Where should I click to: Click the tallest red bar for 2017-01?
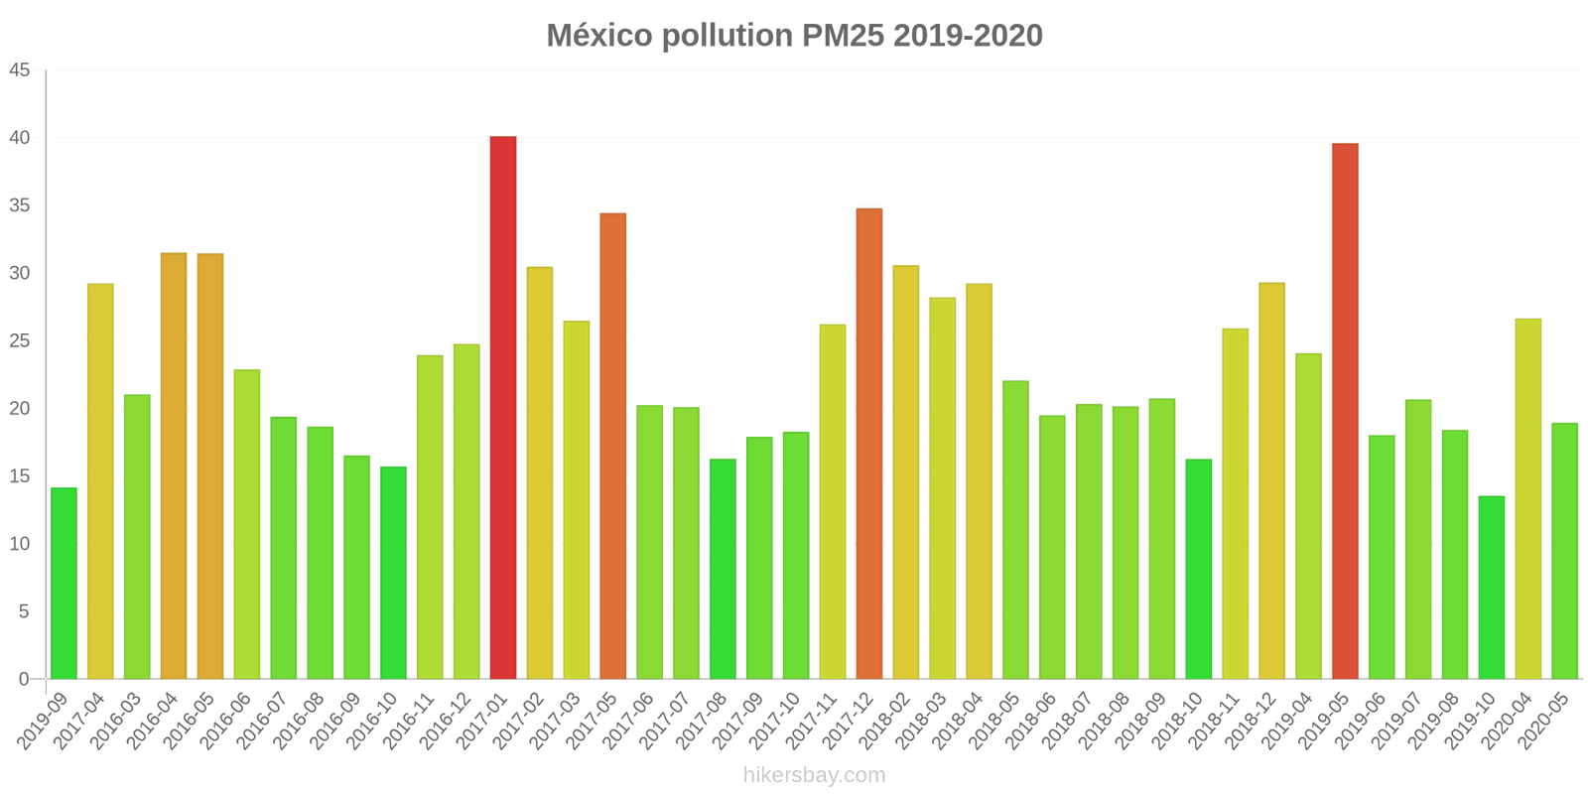[x=503, y=407]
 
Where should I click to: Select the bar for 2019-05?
[x=1345, y=411]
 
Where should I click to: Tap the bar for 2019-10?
[x=1491, y=588]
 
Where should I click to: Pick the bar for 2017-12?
[x=869, y=444]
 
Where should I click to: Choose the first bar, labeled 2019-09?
[x=64, y=584]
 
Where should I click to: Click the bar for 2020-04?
[x=1527, y=498]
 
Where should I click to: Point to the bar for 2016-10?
[x=393, y=573]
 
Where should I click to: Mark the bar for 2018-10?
[x=1198, y=569]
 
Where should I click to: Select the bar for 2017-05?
[x=612, y=446]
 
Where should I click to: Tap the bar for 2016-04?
[x=174, y=465]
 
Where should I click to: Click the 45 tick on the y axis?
[x=21, y=70]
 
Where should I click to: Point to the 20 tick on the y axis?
[x=21, y=409]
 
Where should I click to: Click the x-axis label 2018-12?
[x=1252, y=723]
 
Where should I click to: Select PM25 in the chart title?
[x=839, y=36]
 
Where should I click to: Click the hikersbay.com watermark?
[x=814, y=775]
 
